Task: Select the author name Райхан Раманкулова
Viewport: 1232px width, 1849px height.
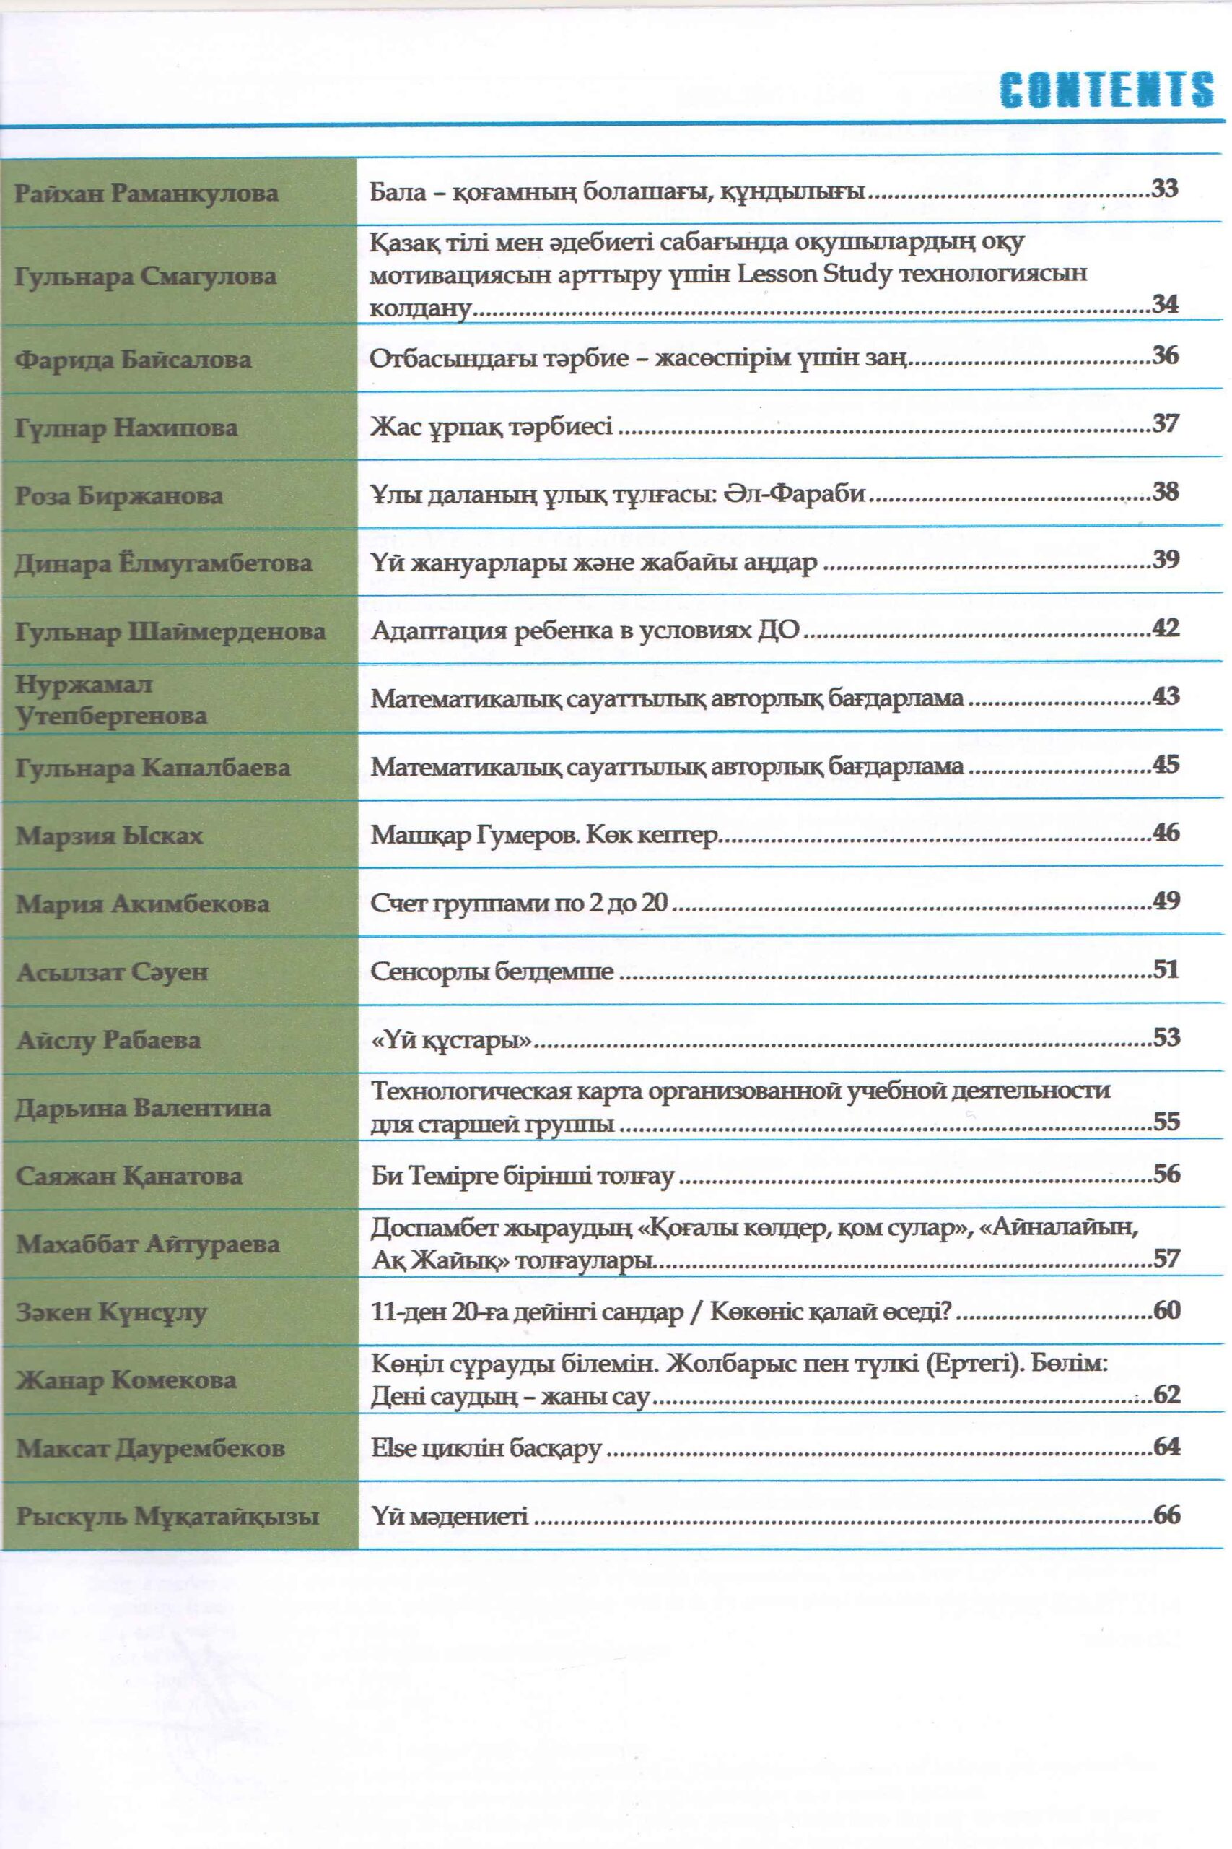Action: coord(146,194)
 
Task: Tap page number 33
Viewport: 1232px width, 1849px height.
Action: coord(1164,189)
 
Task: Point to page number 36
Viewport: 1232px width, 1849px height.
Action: coord(1164,355)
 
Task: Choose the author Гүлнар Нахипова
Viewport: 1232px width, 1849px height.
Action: coord(126,428)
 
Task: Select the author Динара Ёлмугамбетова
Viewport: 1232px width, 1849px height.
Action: coord(163,563)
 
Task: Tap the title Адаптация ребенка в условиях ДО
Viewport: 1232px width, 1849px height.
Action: coord(585,631)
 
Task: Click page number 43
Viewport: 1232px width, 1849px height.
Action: coord(1165,696)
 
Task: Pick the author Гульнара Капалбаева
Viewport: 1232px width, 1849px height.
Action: coord(153,768)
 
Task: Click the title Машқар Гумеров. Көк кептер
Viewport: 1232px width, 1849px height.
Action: coord(544,835)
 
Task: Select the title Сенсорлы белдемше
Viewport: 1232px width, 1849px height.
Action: coord(492,971)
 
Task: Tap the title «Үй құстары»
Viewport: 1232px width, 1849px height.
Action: coord(451,1040)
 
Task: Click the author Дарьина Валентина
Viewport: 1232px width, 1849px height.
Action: coord(144,1108)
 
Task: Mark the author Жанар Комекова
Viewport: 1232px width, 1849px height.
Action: coord(126,1380)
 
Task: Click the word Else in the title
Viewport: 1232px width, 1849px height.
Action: coord(393,1447)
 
